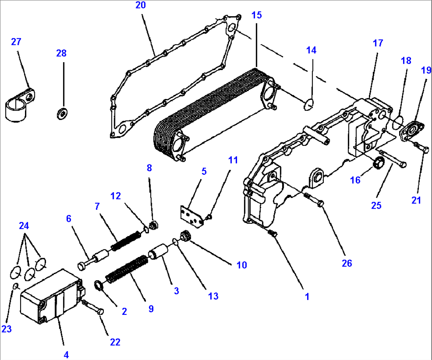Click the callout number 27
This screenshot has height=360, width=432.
16,42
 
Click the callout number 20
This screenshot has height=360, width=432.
140,5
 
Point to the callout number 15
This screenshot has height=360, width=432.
256,15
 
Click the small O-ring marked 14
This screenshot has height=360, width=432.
309,104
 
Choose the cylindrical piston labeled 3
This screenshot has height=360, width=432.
159,252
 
